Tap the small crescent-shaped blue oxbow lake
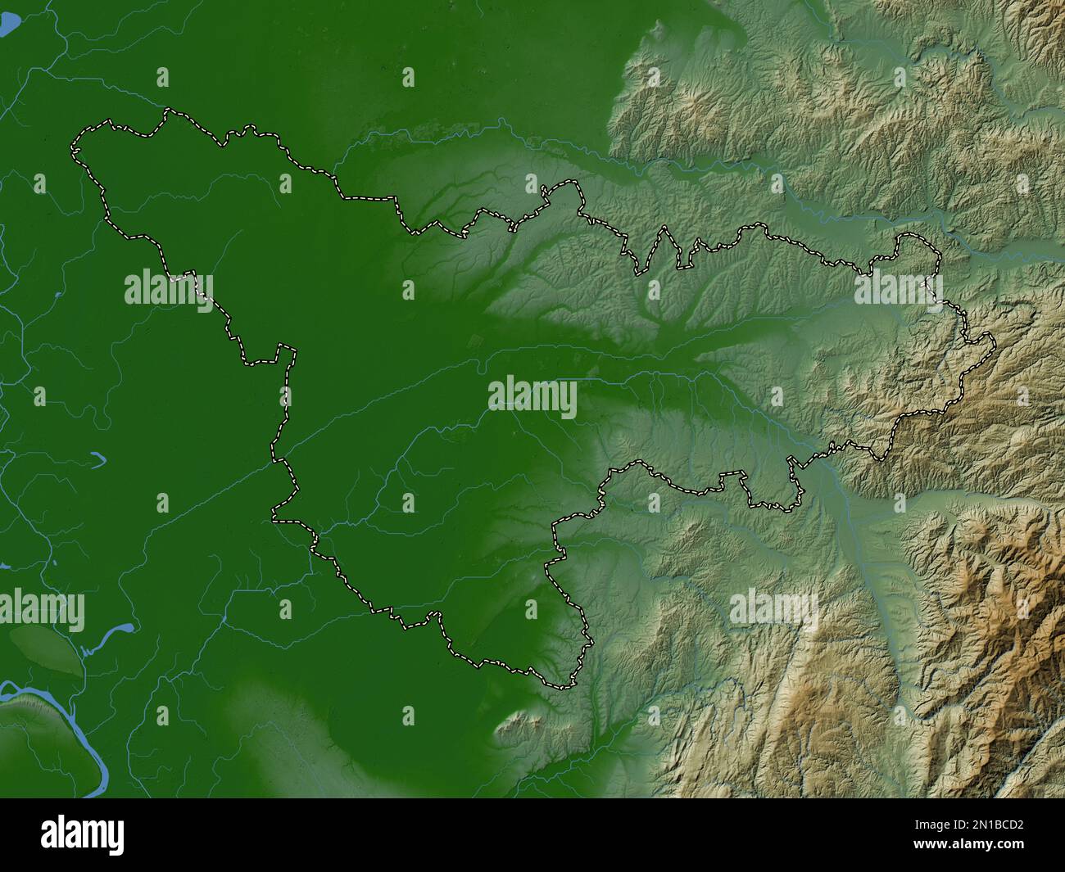97,459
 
